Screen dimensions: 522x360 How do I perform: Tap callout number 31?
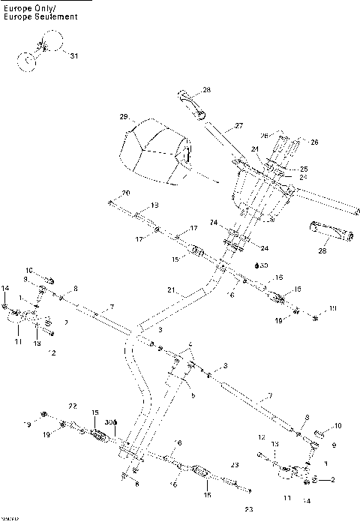[73, 56]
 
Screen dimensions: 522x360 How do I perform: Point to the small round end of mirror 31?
[27, 62]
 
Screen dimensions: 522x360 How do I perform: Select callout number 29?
[124, 117]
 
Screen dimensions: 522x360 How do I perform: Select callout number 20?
[125, 193]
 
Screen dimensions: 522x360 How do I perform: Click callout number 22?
[72, 406]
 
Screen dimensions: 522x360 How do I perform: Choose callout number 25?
[283, 169]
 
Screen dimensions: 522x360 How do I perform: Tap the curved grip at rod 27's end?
[192, 103]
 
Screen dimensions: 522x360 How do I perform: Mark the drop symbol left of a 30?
[257, 265]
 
